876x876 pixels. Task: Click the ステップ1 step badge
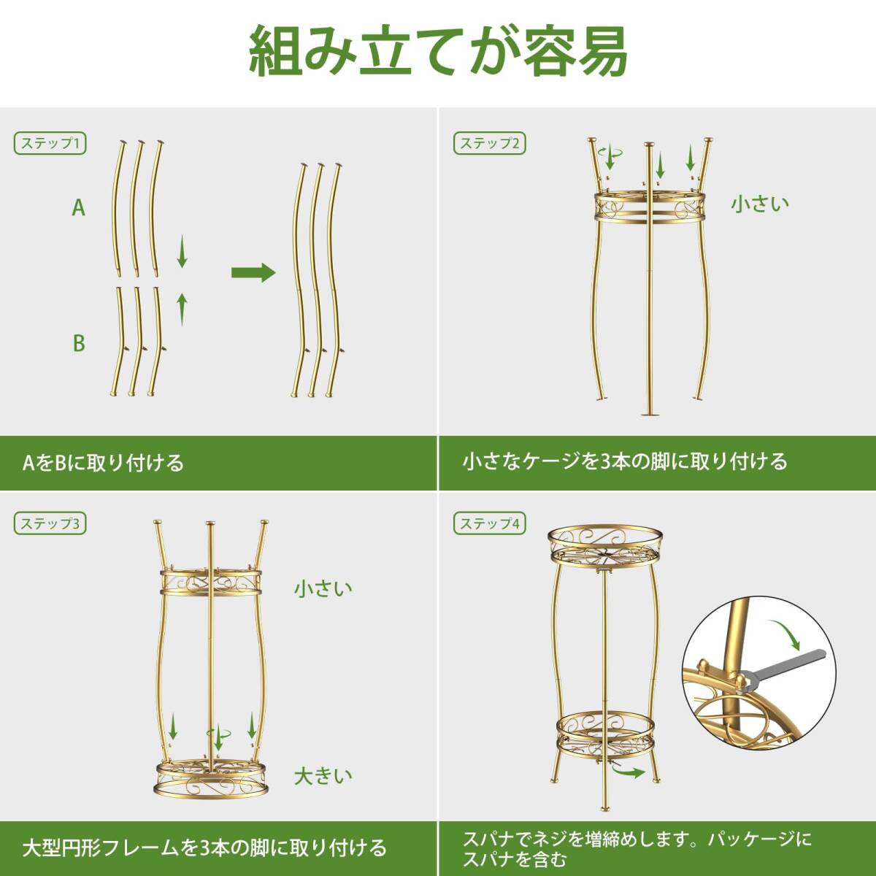[50, 143]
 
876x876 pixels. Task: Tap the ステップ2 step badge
[490, 143]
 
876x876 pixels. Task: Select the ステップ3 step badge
[50, 523]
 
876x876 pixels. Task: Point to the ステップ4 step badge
[490, 523]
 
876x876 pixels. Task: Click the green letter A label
[78, 208]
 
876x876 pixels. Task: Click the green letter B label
[78, 343]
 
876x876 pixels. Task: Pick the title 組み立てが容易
[438, 51]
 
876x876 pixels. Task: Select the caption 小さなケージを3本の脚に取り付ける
[625, 461]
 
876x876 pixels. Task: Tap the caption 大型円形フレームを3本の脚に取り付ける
[204, 848]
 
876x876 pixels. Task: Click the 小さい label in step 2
[760, 204]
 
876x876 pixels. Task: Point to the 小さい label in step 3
[323, 588]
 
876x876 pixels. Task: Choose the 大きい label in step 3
[323, 775]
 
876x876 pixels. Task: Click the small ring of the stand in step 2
[648, 208]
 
